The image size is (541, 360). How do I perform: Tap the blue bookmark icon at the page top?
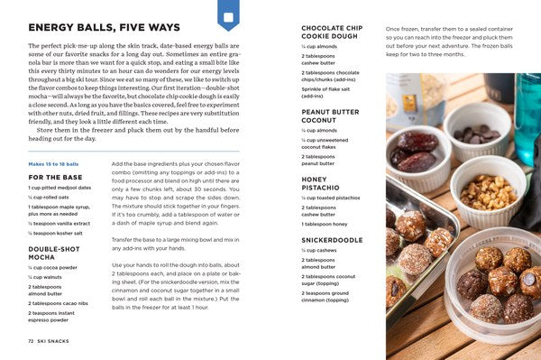click(x=228, y=15)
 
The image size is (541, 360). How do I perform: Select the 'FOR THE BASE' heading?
click(x=55, y=177)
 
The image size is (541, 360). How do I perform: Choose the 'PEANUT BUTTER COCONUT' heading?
click(x=330, y=116)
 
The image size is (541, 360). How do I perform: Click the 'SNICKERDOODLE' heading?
click(x=331, y=240)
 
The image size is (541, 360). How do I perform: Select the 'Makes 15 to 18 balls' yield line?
click(x=55, y=162)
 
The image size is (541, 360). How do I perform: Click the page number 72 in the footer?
click(x=31, y=341)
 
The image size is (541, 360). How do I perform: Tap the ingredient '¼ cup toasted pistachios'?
click(x=333, y=197)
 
